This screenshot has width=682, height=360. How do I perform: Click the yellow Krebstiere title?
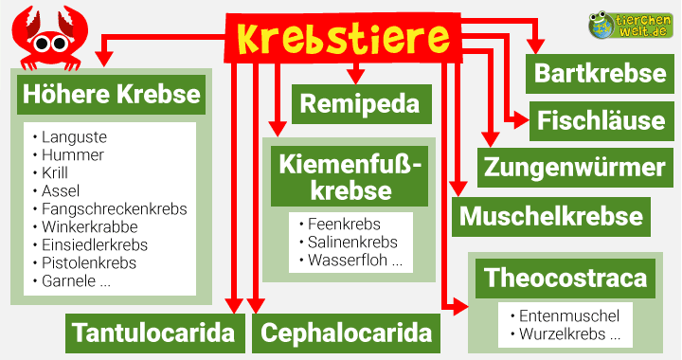pos(343,38)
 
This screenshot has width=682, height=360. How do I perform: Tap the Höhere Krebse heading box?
pos(110,95)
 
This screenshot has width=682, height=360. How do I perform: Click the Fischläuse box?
pos(601,120)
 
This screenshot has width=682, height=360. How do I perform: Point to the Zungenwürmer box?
pos(574,169)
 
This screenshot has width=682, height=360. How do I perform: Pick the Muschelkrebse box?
pos(551,216)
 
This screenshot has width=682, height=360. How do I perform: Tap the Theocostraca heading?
pos(565,279)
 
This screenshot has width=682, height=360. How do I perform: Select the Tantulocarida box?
pos(153,333)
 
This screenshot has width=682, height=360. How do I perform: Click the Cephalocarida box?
pos(346,333)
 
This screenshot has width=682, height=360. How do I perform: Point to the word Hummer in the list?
pos(73,155)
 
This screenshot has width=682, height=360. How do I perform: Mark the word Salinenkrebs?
pos(352,243)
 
